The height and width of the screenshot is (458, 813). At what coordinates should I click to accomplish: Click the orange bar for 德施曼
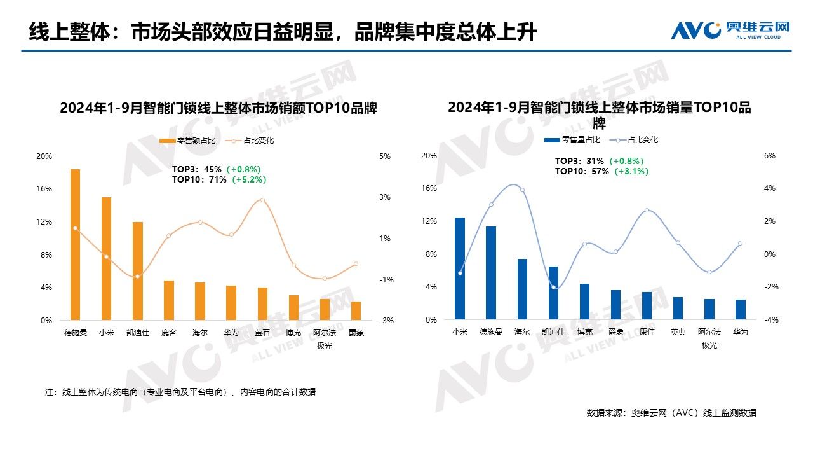[x=75, y=245]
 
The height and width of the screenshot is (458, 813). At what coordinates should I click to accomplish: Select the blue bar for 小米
[x=459, y=268]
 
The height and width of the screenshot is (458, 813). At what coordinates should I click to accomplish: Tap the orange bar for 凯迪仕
[x=137, y=271]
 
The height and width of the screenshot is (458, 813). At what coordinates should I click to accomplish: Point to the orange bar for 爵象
[x=356, y=311]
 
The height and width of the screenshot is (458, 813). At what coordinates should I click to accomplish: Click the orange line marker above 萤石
[x=262, y=200]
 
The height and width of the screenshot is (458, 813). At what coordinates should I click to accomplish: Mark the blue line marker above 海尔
[x=522, y=190]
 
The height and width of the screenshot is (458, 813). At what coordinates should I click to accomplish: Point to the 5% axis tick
[x=385, y=156]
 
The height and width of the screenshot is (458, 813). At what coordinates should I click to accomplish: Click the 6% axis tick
[x=770, y=156]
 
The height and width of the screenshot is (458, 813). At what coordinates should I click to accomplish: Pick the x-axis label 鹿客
[x=168, y=332]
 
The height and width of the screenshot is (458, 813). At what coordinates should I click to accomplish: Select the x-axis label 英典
[x=678, y=332]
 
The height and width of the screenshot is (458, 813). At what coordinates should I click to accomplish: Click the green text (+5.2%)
[x=249, y=180]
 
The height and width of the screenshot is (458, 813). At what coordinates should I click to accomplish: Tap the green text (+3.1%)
[x=631, y=171]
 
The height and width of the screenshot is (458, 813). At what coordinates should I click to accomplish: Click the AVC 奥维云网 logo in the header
[x=730, y=29]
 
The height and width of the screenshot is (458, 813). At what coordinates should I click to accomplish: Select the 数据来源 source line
[x=671, y=413]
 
